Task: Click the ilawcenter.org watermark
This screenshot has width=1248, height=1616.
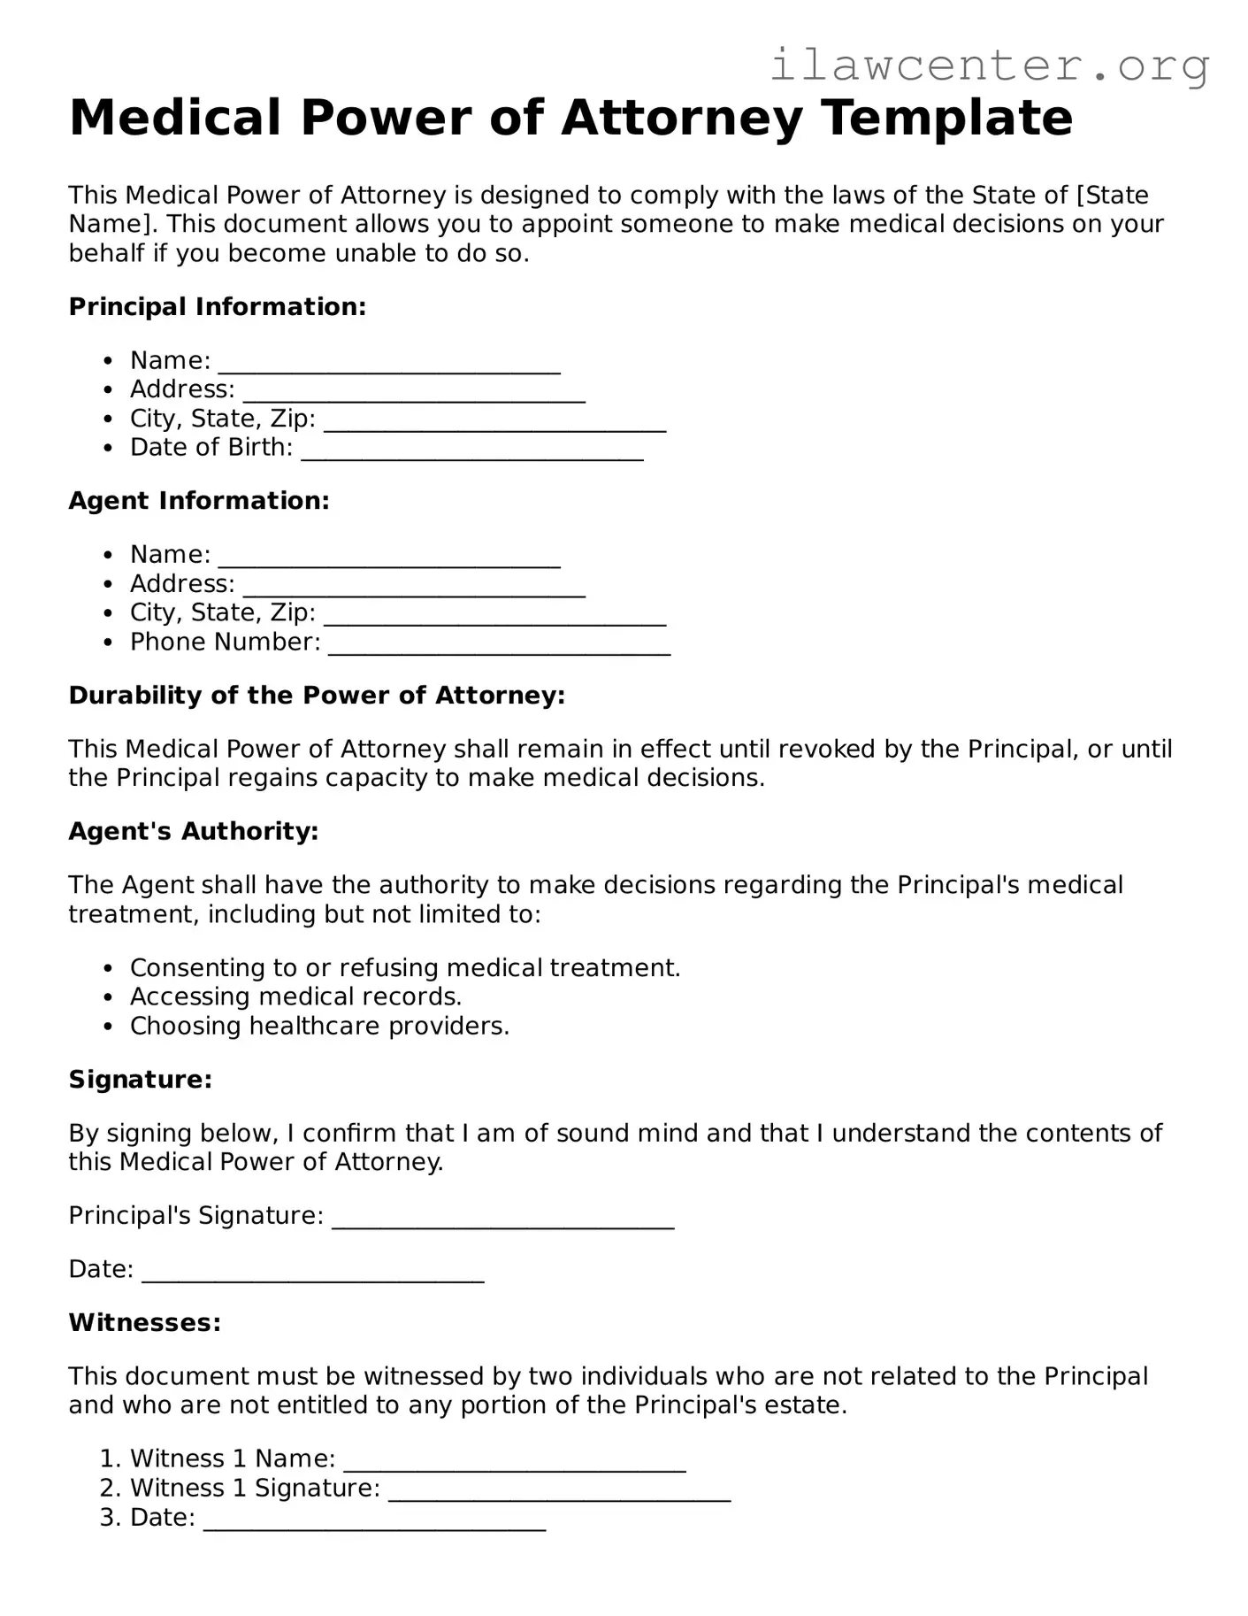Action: (x=989, y=65)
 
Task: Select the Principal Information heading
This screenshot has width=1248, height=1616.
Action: (x=218, y=307)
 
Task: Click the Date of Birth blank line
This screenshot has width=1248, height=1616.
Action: (x=472, y=450)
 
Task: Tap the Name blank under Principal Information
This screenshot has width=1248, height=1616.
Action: (x=389, y=363)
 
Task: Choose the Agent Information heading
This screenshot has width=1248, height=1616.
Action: (x=199, y=501)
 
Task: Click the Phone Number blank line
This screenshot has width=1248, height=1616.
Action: (x=500, y=644)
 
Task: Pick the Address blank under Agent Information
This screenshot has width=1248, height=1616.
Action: (x=414, y=586)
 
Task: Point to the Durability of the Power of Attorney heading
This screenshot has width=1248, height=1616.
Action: (x=317, y=696)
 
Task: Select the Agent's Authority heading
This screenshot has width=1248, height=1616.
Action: (x=194, y=832)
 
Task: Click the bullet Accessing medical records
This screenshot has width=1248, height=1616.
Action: (x=295, y=997)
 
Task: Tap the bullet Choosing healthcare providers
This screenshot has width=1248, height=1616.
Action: (x=319, y=1027)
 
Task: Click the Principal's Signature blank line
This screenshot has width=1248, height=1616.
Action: (x=502, y=1218)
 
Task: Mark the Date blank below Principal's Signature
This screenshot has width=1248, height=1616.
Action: (x=313, y=1272)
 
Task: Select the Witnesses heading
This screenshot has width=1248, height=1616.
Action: (x=145, y=1323)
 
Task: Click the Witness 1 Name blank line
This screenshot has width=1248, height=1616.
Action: (x=515, y=1461)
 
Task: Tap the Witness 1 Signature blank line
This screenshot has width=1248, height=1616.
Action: (x=559, y=1490)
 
